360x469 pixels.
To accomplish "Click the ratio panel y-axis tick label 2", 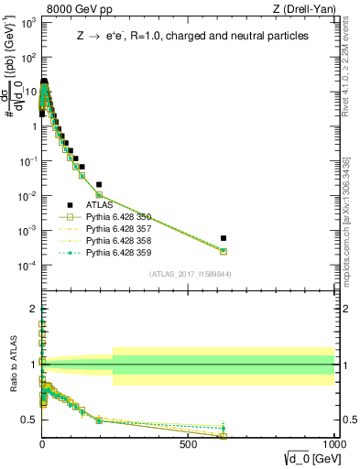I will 31,310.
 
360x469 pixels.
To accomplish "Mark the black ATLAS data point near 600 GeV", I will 224,238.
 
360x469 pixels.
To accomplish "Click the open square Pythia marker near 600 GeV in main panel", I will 224,251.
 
